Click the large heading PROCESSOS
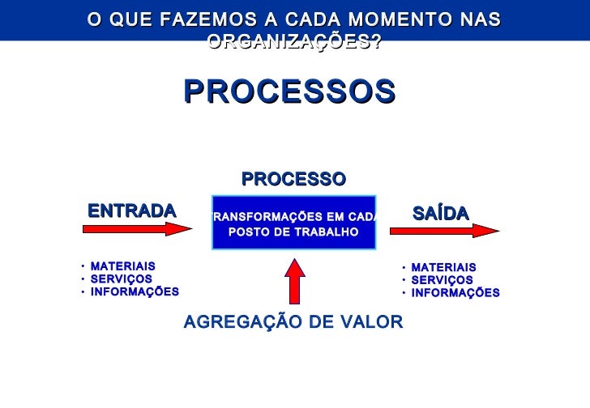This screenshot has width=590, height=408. [289, 91]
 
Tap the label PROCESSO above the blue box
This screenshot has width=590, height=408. [293, 179]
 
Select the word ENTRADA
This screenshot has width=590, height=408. [132, 211]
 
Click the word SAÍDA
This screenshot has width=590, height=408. [441, 214]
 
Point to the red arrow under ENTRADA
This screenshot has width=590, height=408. [138, 229]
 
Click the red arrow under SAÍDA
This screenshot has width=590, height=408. [444, 231]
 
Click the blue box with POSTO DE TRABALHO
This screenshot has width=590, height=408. [293, 222]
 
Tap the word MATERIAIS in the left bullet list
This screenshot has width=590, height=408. [123, 266]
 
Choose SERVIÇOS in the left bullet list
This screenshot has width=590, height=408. [122, 279]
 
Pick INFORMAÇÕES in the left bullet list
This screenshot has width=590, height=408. [135, 292]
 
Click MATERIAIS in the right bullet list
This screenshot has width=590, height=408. [443, 268]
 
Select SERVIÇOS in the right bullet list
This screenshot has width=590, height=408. [442, 280]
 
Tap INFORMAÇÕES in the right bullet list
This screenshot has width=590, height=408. [455, 293]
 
